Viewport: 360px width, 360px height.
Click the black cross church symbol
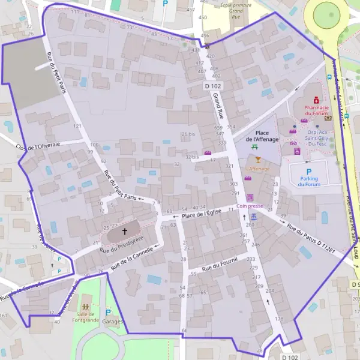[x=125, y=230]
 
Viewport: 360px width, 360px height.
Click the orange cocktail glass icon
[x=258, y=160]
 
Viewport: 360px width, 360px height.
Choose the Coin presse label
[x=250, y=206]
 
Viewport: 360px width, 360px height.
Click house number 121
[x=77, y=126]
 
